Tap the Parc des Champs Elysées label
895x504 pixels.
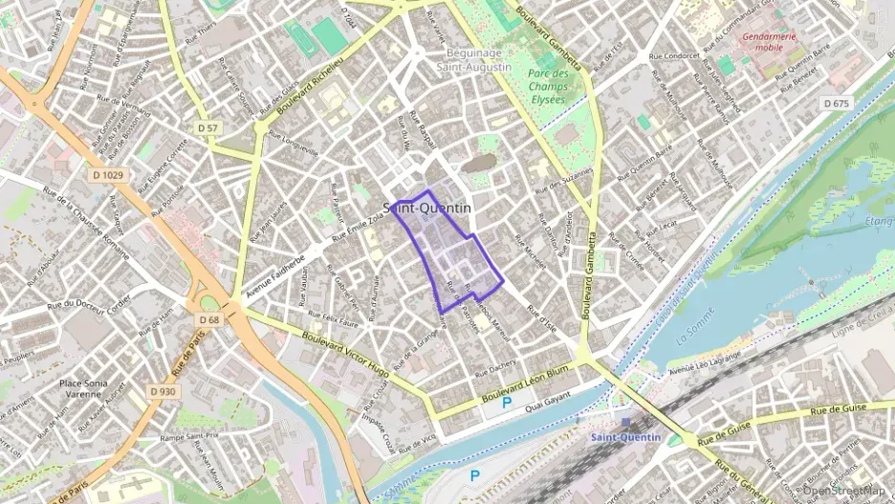point(548,86)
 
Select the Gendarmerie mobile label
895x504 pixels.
point(769,40)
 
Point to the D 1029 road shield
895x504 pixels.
point(109,174)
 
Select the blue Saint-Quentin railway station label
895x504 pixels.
point(625,437)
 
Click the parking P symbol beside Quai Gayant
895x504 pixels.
point(506,404)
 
